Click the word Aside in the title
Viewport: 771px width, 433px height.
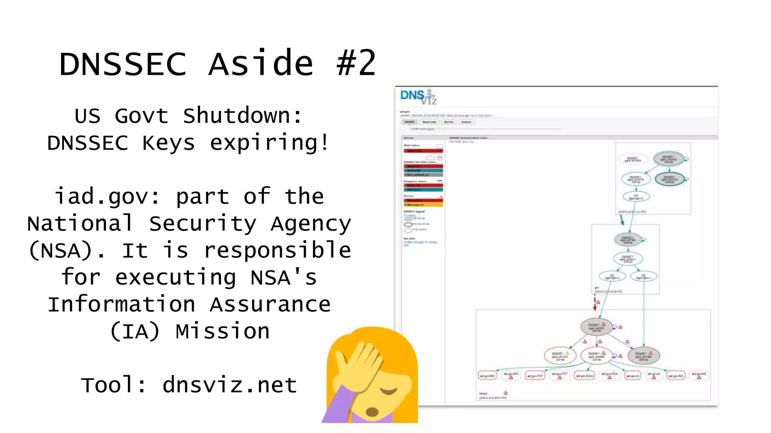coord(261,64)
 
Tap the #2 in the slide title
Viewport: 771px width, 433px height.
coord(356,64)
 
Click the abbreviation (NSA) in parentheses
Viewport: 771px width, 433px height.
coord(67,251)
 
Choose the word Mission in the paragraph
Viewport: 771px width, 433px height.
coord(222,332)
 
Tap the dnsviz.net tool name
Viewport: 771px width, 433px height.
coord(230,385)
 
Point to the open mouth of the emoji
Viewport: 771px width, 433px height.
coord(372,412)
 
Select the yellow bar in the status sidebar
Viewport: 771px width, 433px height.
coord(424,205)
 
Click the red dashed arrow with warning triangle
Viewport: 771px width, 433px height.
coord(595,303)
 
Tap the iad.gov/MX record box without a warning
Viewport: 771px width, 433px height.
coord(488,375)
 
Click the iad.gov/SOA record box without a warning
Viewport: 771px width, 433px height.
coord(585,375)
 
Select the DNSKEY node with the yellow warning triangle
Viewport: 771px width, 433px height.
coord(560,356)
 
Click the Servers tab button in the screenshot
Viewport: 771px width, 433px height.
coord(448,122)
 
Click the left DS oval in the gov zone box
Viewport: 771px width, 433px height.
coord(612,277)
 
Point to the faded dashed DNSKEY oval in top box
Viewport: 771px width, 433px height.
coord(633,159)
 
